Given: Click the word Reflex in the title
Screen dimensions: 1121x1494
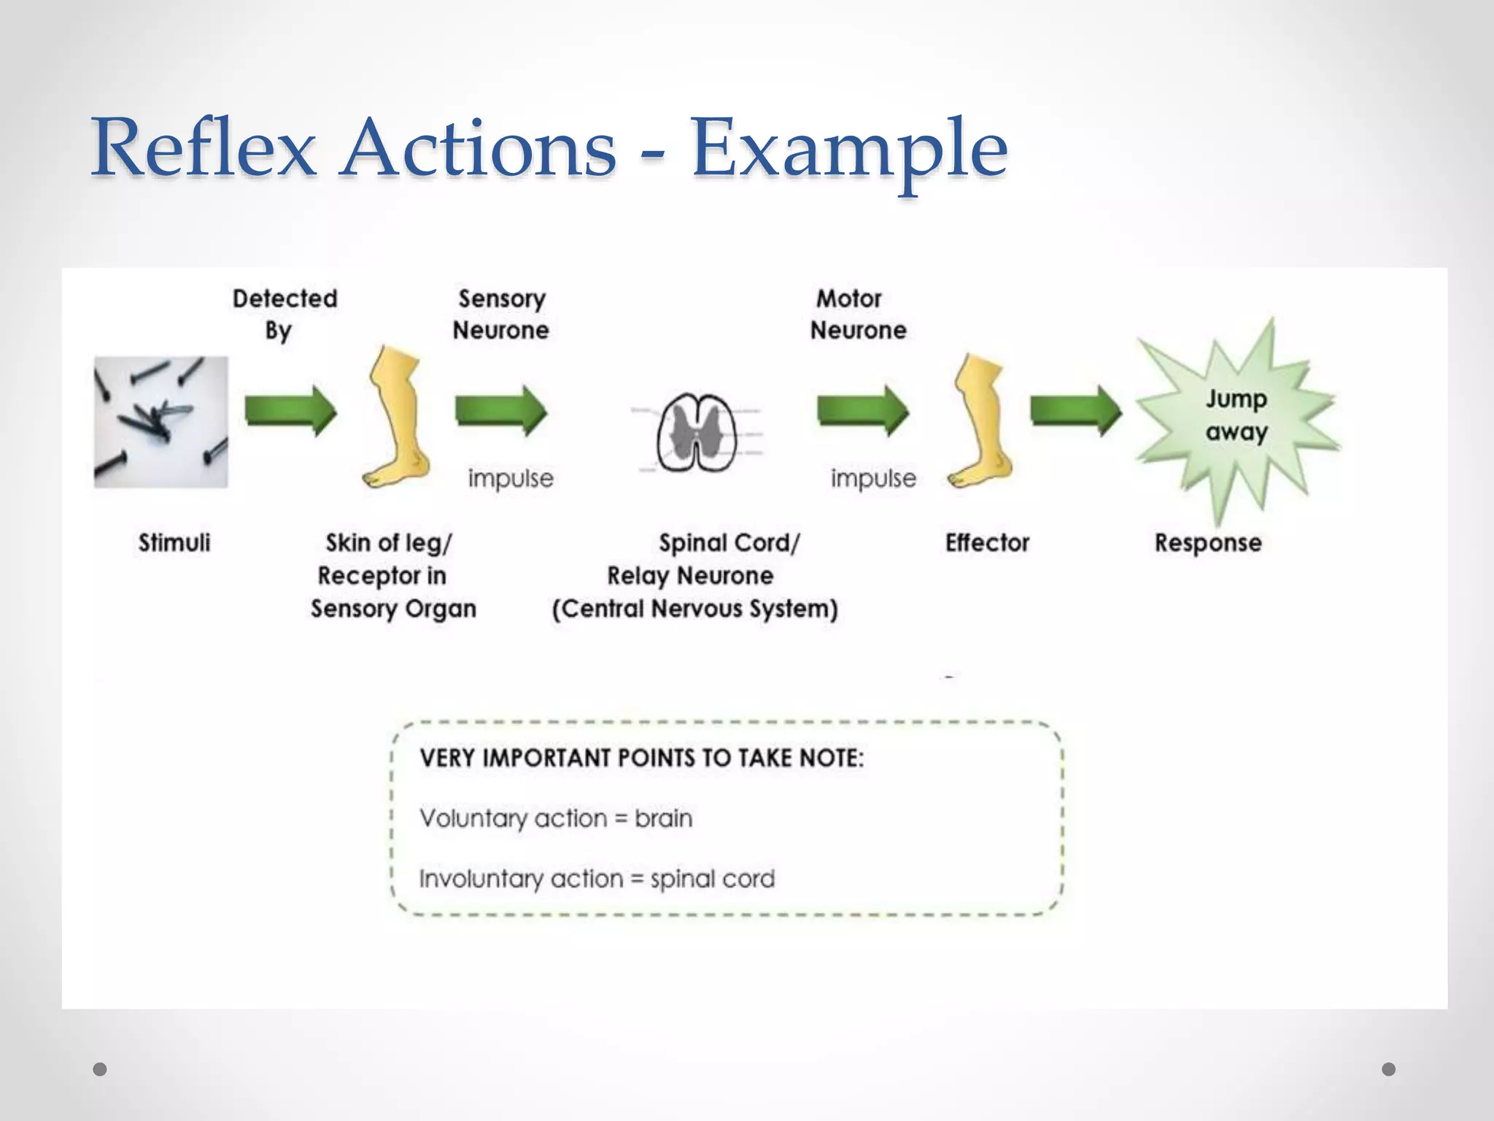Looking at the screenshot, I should tap(204, 150).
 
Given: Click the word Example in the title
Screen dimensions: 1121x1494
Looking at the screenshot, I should tap(849, 150).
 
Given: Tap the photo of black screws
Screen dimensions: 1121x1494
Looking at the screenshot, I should tap(160, 422).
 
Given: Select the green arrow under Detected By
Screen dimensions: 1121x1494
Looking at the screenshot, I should tap(290, 411).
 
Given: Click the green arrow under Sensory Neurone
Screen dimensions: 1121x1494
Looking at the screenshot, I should tap(500, 411).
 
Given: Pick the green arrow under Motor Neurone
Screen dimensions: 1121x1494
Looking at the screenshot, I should tap(862, 411).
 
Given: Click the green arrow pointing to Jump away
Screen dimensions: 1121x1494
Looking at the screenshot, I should tap(1075, 411).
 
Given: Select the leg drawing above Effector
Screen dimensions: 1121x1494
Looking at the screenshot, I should tap(980, 422).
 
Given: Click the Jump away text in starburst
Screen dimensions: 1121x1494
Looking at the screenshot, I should tap(1236, 415).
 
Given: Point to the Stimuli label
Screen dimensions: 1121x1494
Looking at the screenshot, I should tap(174, 543).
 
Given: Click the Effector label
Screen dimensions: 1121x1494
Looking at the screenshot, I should tap(987, 543).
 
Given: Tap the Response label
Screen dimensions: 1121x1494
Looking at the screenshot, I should tap(1208, 543).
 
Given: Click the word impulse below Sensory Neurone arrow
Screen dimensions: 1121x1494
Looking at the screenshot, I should tap(511, 479).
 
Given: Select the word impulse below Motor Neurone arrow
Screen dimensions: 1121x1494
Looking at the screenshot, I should tap(873, 479).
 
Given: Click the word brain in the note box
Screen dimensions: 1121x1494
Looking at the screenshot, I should tap(663, 818).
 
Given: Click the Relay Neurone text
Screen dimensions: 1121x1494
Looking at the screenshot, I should tap(690, 576).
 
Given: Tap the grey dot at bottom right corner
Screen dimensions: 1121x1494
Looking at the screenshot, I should tap(1389, 1069).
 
